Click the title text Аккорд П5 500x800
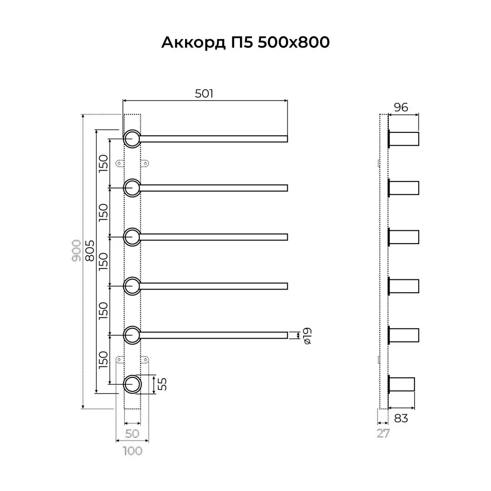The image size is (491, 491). click(245, 42)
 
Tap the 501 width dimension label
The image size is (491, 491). click(204, 94)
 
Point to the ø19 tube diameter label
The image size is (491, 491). click(307, 336)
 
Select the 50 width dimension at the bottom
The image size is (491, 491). click(132, 434)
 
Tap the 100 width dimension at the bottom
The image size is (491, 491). click(132, 451)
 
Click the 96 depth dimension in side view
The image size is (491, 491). click(401, 108)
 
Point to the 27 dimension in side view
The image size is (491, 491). click(383, 434)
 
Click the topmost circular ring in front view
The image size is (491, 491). click(132, 139)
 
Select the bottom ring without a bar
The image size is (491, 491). click(132, 384)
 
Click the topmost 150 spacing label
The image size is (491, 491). click(104, 163)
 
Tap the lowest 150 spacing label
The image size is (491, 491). click(104, 360)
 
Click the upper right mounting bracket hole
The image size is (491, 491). click(146, 163)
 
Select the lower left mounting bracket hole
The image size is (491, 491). click(119, 360)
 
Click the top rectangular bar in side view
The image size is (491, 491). click(404, 139)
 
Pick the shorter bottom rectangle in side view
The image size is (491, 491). click(402, 384)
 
